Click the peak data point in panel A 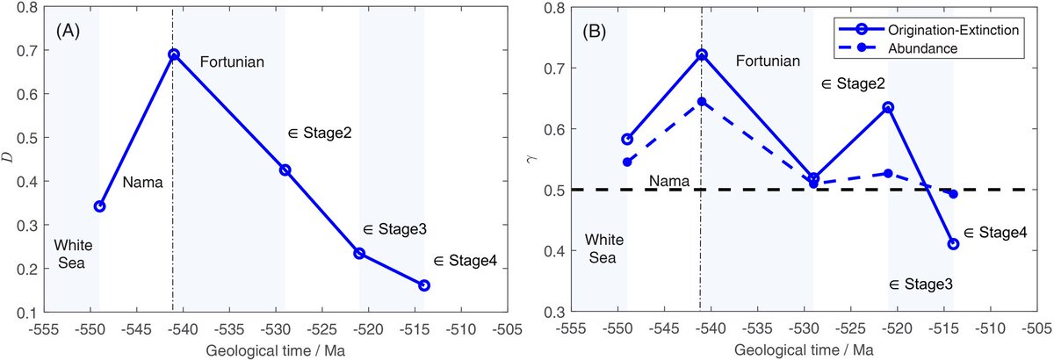click(x=174, y=54)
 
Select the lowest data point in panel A click(x=424, y=285)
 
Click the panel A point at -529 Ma click(x=285, y=169)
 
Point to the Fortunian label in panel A click(x=232, y=62)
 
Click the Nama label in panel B click(x=665, y=181)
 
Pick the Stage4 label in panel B click(x=995, y=234)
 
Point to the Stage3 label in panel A click(x=394, y=229)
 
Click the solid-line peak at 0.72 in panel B click(x=701, y=54)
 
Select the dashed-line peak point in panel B click(x=701, y=102)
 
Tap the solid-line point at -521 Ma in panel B click(x=888, y=107)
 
